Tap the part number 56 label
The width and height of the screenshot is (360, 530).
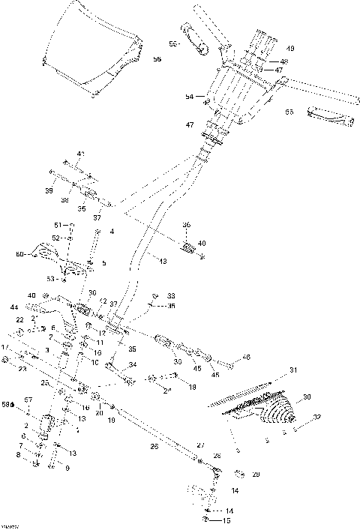[x=157, y=58]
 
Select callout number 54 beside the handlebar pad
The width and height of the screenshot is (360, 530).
[x=190, y=97]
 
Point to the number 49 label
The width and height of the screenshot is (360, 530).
[x=290, y=49]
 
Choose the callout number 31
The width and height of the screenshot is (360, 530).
[x=293, y=370]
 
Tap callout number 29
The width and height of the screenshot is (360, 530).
[x=256, y=474]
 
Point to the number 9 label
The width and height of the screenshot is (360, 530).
[x=67, y=469]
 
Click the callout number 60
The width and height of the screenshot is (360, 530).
[x=20, y=255]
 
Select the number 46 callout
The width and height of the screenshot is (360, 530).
[x=245, y=358]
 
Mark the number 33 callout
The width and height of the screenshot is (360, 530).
[x=170, y=295]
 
